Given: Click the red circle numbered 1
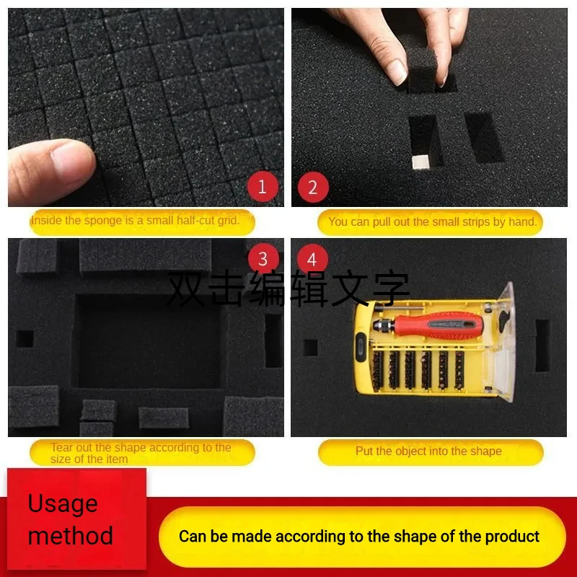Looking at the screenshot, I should (262, 188).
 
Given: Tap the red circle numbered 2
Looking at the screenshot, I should (312, 188).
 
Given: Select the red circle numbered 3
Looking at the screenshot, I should (263, 259).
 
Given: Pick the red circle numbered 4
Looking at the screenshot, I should (312, 259).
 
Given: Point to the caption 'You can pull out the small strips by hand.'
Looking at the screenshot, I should (432, 221).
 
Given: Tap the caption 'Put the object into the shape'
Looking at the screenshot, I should (428, 452).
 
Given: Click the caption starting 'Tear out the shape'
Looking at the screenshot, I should (141, 453).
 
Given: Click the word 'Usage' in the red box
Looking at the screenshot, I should (62, 503).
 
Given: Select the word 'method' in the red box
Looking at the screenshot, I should (70, 535).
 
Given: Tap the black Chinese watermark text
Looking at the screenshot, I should (288, 288).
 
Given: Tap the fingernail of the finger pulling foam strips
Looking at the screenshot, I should (397, 69).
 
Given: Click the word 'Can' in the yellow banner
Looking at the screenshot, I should (193, 537).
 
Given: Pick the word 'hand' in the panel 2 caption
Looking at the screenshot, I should (522, 221).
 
